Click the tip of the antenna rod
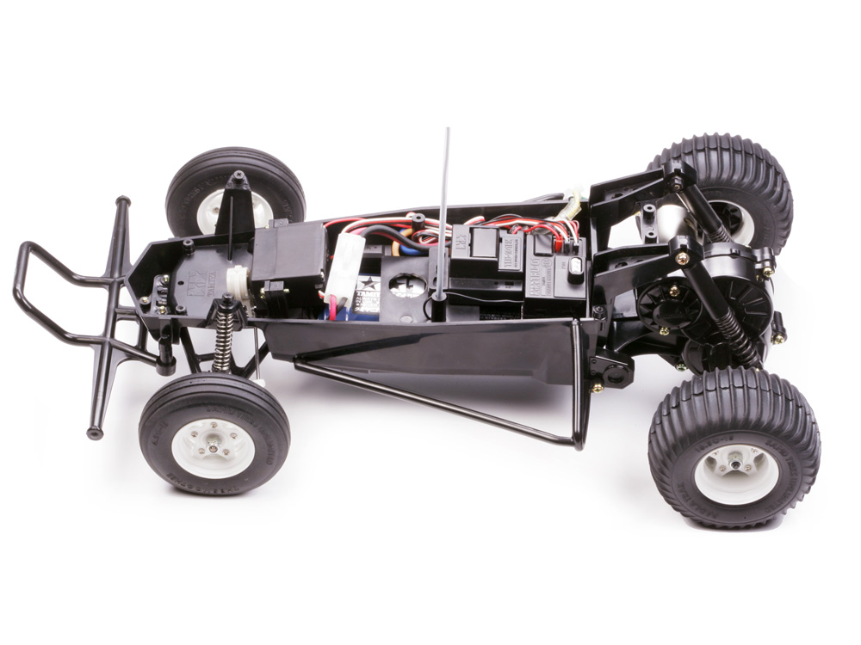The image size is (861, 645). [x=448, y=132]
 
